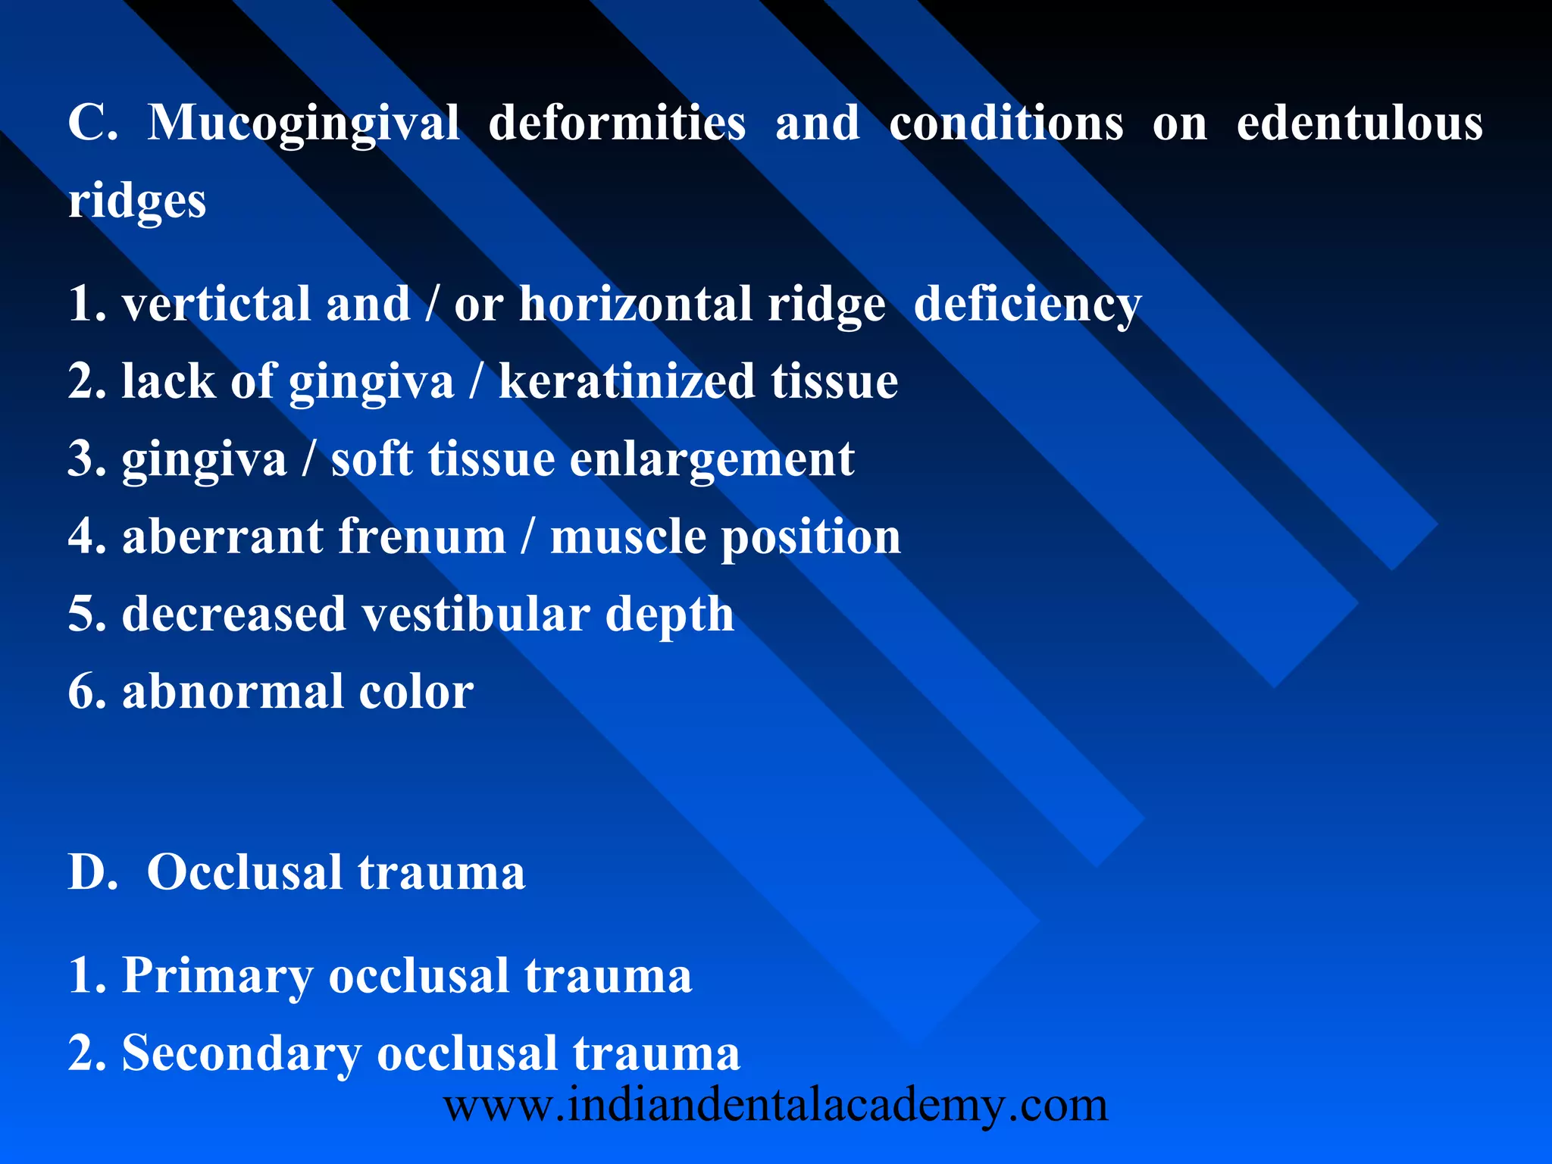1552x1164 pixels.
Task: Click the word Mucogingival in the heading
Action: pyautogui.click(x=303, y=124)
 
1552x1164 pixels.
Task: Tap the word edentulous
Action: pyautogui.click(x=1360, y=124)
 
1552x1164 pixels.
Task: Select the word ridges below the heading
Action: pyautogui.click(x=137, y=202)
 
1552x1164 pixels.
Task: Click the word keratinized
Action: pyautogui.click(x=627, y=381)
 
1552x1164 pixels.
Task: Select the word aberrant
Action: pyautogui.click(x=223, y=537)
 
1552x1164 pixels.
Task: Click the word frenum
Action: pyautogui.click(x=422, y=537)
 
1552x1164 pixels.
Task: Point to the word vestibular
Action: pyautogui.click(x=475, y=614)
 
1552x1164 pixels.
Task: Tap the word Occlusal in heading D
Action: pyautogui.click(x=244, y=872)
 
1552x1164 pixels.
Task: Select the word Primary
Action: pyautogui.click(x=217, y=977)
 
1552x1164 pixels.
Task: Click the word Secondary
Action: pyautogui.click(x=242, y=1054)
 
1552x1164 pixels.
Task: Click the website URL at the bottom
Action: pyautogui.click(x=775, y=1106)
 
